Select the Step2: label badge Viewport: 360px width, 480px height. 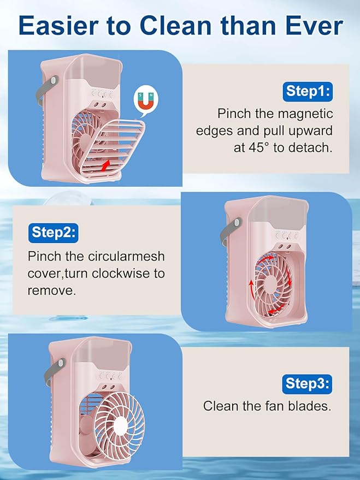tap(53, 232)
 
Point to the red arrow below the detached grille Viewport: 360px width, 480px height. tap(111, 163)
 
